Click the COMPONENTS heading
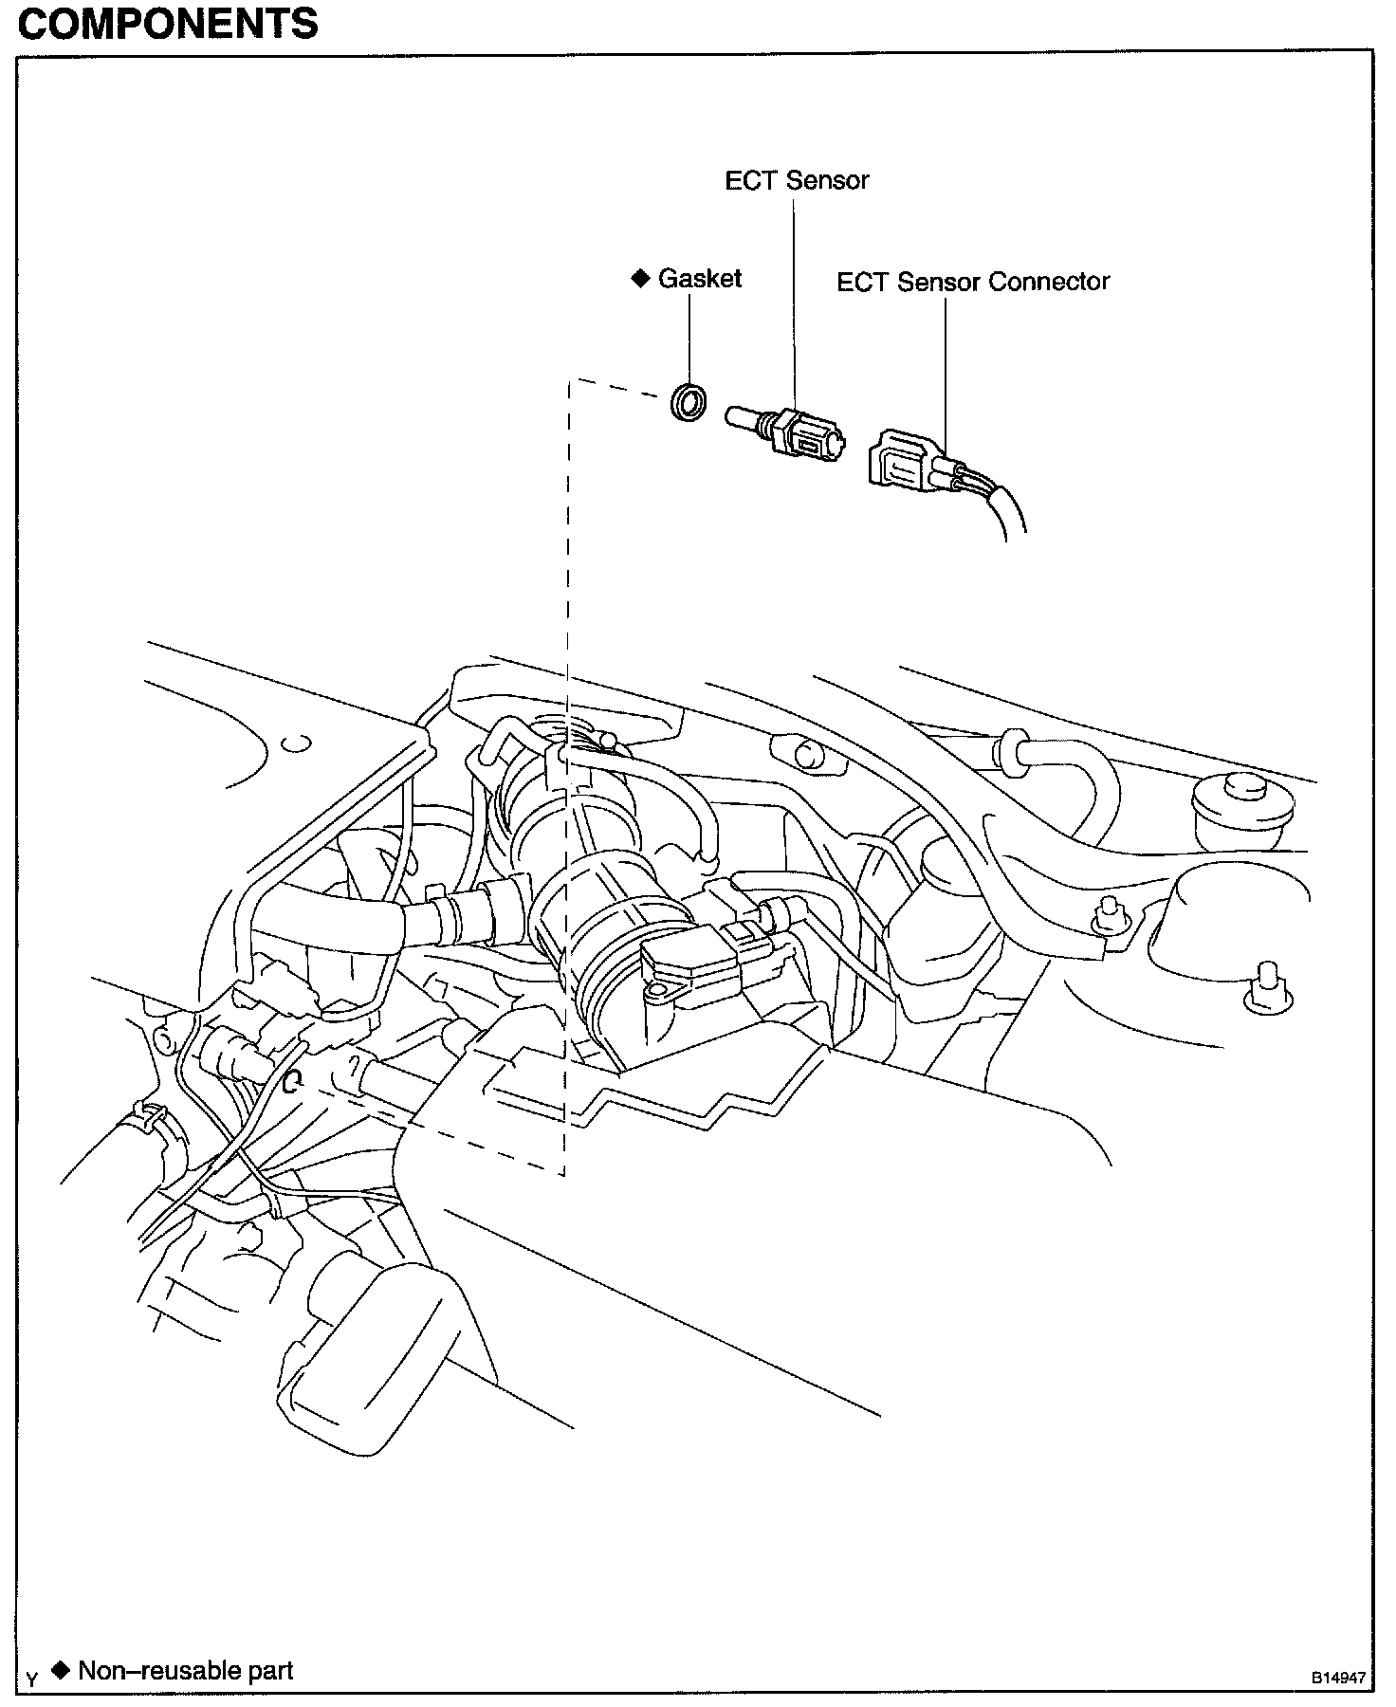pyautogui.click(x=168, y=23)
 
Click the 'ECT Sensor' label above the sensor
pyautogui.click(x=797, y=180)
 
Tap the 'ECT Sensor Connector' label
pyautogui.click(x=972, y=282)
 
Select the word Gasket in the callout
pyautogui.click(x=700, y=279)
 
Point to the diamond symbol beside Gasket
pyautogui.click(x=640, y=278)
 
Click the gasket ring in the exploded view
pyautogui.click(x=689, y=402)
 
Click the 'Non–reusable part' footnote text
pyautogui.click(x=186, y=1671)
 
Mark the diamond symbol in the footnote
pyautogui.click(x=62, y=1670)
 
